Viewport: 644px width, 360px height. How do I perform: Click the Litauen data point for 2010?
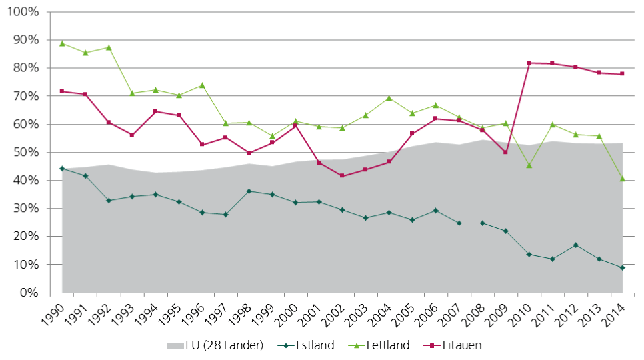click(x=529, y=63)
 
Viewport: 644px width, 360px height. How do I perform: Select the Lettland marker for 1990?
click(x=62, y=43)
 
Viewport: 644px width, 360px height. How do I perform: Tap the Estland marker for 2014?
click(x=622, y=267)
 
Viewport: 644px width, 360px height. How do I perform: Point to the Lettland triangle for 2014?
click(x=622, y=179)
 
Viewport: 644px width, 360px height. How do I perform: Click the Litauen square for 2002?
click(x=342, y=175)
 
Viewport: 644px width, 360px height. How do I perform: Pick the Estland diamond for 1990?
click(x=62, y=169)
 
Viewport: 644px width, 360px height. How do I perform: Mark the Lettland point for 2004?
click(x=389, y=98)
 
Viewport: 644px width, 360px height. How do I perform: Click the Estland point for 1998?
click(x=249, y=191)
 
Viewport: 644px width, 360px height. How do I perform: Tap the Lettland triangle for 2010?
click(x=529, y=165)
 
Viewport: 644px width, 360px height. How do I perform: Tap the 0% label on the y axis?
click(x=29, y=293)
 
